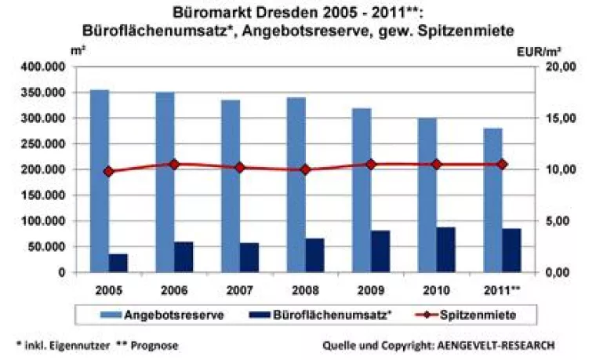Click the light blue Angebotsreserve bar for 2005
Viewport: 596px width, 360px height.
pos(99,180)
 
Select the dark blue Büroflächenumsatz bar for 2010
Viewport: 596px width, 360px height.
pos(446,249)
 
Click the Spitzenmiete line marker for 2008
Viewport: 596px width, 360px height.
pos(306,169)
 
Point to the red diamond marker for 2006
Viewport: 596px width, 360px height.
pos(174,165)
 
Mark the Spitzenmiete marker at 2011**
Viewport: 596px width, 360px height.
pos(503,165)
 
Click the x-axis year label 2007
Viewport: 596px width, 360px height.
pos(240,289)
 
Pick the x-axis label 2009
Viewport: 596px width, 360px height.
pos(371,289)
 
